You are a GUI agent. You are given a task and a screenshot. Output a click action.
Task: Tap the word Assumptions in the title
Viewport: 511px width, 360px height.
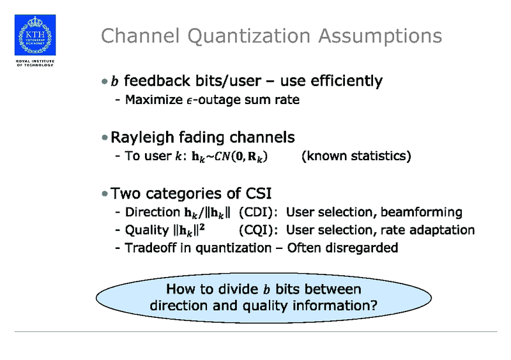pos(378,36)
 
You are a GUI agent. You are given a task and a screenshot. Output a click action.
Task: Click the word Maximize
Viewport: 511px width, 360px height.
pos(151,100)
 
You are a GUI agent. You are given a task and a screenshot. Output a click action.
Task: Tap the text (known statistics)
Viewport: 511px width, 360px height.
pos(355,156)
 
